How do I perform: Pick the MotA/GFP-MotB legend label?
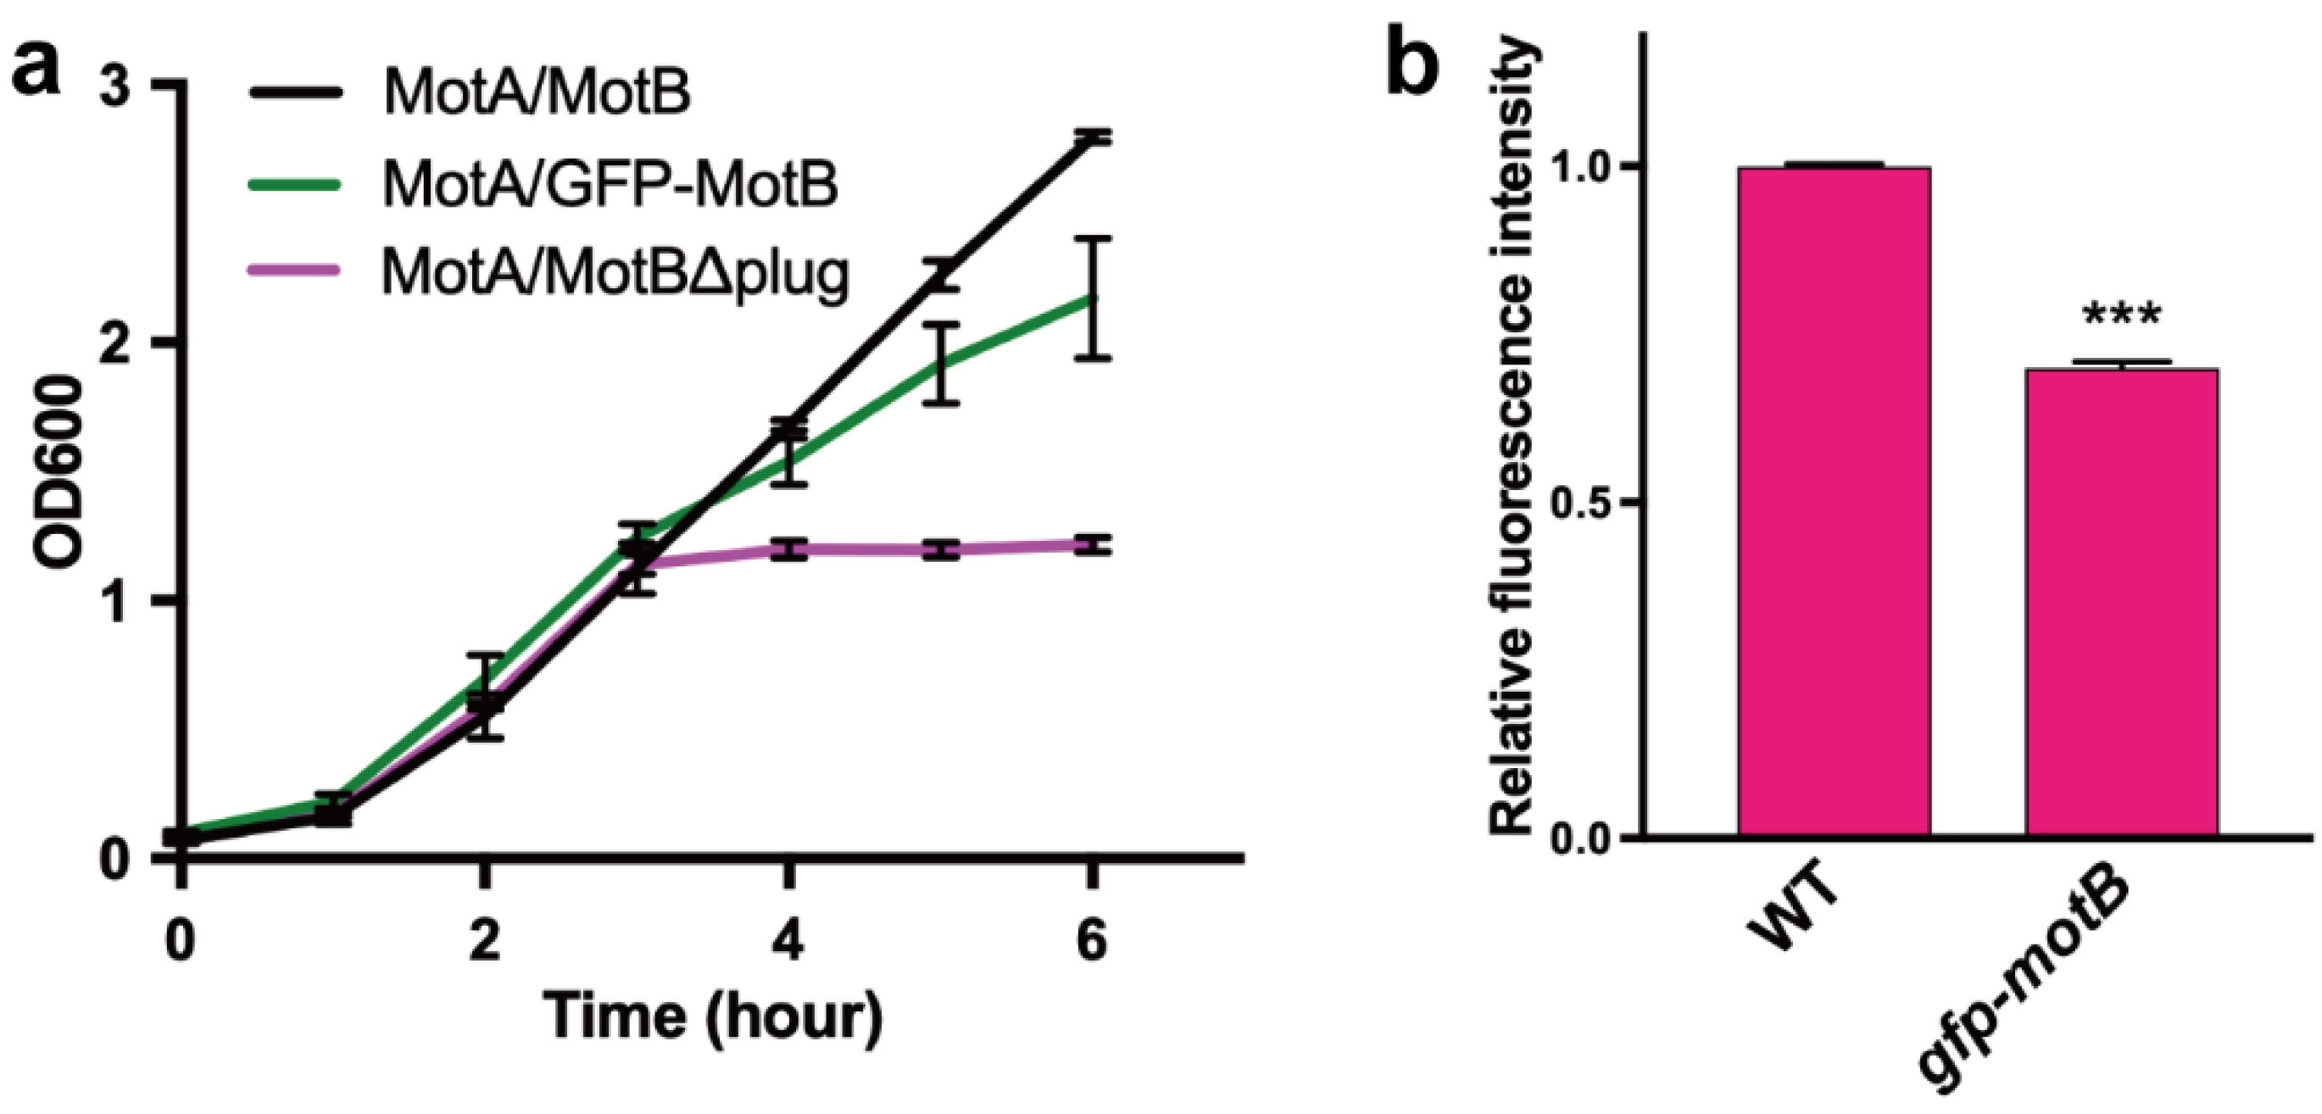pyautogui.click(x=610, y=183)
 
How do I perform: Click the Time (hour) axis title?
pyautogui.click(x=713, y=1017)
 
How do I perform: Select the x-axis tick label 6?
pyautogui.click(x=1092, y=942)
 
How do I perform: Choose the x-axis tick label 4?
pyautogui.click(x=788, y=942)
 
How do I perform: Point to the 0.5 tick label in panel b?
pyautogui.click(x=1584, y=503)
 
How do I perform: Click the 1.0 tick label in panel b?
pyautogui.click(x=1584, y=167)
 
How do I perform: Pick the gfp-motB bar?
pyautogui.click(x=2121, y=602)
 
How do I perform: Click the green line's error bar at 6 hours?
pyautogui.click(x=1093, y=298)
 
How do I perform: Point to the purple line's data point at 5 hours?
pyautogui.click(x=941, y=549)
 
